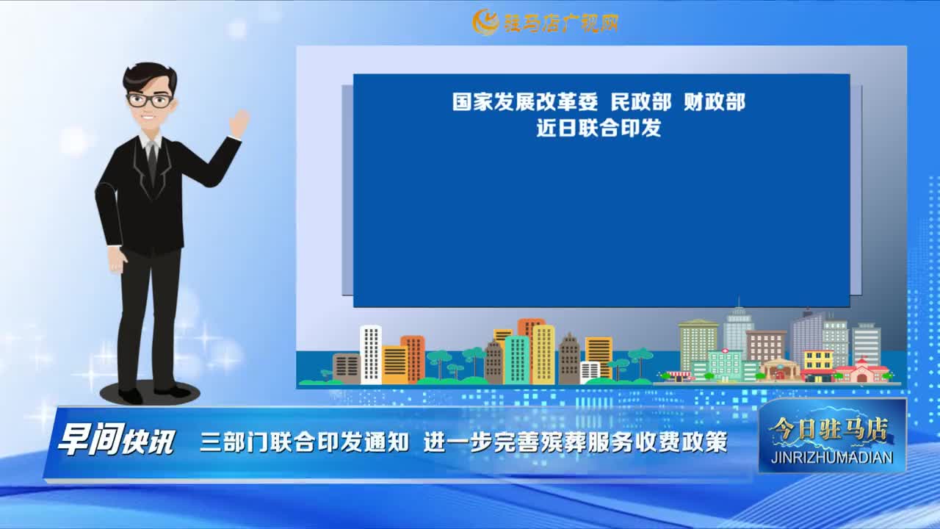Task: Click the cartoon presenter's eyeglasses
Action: (150, 100)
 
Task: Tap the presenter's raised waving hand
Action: (239, 123)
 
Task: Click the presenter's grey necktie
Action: (152, 161)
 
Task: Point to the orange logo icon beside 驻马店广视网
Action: (485, 22)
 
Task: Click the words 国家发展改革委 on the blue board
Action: (524, 102)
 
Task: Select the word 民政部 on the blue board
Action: (641, 102)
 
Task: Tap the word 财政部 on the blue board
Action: (715, 102)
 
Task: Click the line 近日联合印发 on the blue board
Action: (599, 128)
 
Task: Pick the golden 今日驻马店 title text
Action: (829, 431)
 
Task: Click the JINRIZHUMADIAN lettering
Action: (832, 457)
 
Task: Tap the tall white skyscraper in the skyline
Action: (371, 355)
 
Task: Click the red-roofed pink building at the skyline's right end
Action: (862, 372)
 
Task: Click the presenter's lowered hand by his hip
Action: (117, 260)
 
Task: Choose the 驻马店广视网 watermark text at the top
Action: (560, 23)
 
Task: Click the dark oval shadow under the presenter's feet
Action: (150, 393)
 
